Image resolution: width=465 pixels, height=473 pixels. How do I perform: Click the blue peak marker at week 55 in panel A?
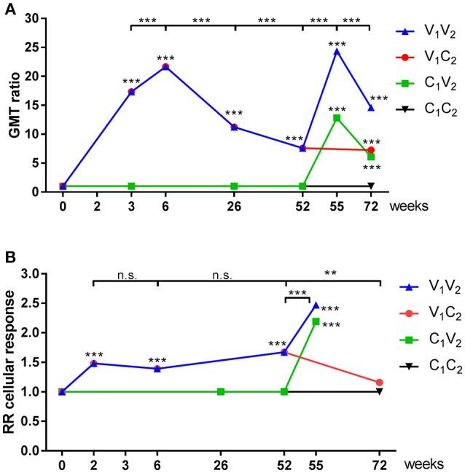coord(337,51)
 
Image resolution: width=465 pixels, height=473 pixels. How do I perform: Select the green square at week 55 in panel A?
coord(337,117)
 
